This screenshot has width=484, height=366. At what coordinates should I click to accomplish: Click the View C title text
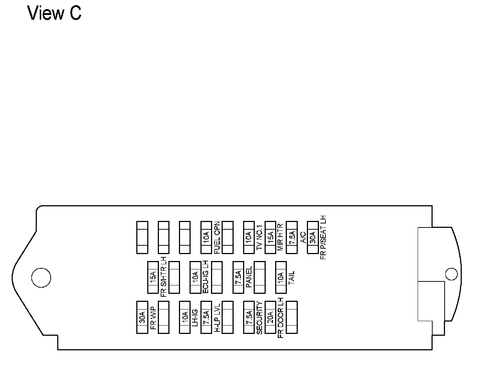pyautogui.click(x=54, y=13)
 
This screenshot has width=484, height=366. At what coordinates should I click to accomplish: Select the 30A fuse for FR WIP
pyautogui.click(x=142, y=317)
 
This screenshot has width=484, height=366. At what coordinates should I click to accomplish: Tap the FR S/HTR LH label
pyautogui.click(x=163, y=277)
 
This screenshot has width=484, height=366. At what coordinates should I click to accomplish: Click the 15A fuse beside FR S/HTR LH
pyautogui.click(x=153, y=277)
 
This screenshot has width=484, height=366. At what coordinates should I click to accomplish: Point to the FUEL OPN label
pyautogui.click(x=217, y=237)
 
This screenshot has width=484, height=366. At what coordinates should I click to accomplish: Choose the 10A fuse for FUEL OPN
pyautogui.click(x=206, y=237)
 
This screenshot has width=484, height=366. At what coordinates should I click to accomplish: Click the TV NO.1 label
pyautogui.click(x=259, y=237)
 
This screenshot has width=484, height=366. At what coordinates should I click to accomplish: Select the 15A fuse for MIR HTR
pyautogui.click(x=270, y=237)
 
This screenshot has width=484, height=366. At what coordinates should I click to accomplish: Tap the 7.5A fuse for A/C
pyautogui.click(x=292, y=237)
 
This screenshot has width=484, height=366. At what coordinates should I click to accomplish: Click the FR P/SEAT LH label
pyautogui.click(x=323, y=237)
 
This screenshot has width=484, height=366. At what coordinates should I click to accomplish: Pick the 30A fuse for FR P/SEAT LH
pyautogui.click(x=313, y=237)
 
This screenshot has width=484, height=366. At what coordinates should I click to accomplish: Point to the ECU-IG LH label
pyautogui.click(x=206, y=277)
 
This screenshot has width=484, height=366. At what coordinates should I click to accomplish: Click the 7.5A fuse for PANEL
pyautogui.click(x=238, y=277)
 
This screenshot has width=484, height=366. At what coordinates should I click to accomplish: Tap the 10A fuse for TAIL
pyautogui.click(x=281, y=277)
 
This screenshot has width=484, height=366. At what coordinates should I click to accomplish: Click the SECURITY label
pyautogui.click(x=259, y=317)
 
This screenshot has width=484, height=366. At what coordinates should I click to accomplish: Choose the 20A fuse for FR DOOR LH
pyautogui.click(x=270, y=317)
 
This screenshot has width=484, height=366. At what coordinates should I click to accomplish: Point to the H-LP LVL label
pyautogui.click(x=217, y=317)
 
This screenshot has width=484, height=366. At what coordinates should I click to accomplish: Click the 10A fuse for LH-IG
pyautogui.click(x=185, y=317)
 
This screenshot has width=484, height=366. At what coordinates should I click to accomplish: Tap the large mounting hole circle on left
pyautogui.click(x=41, y=278)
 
